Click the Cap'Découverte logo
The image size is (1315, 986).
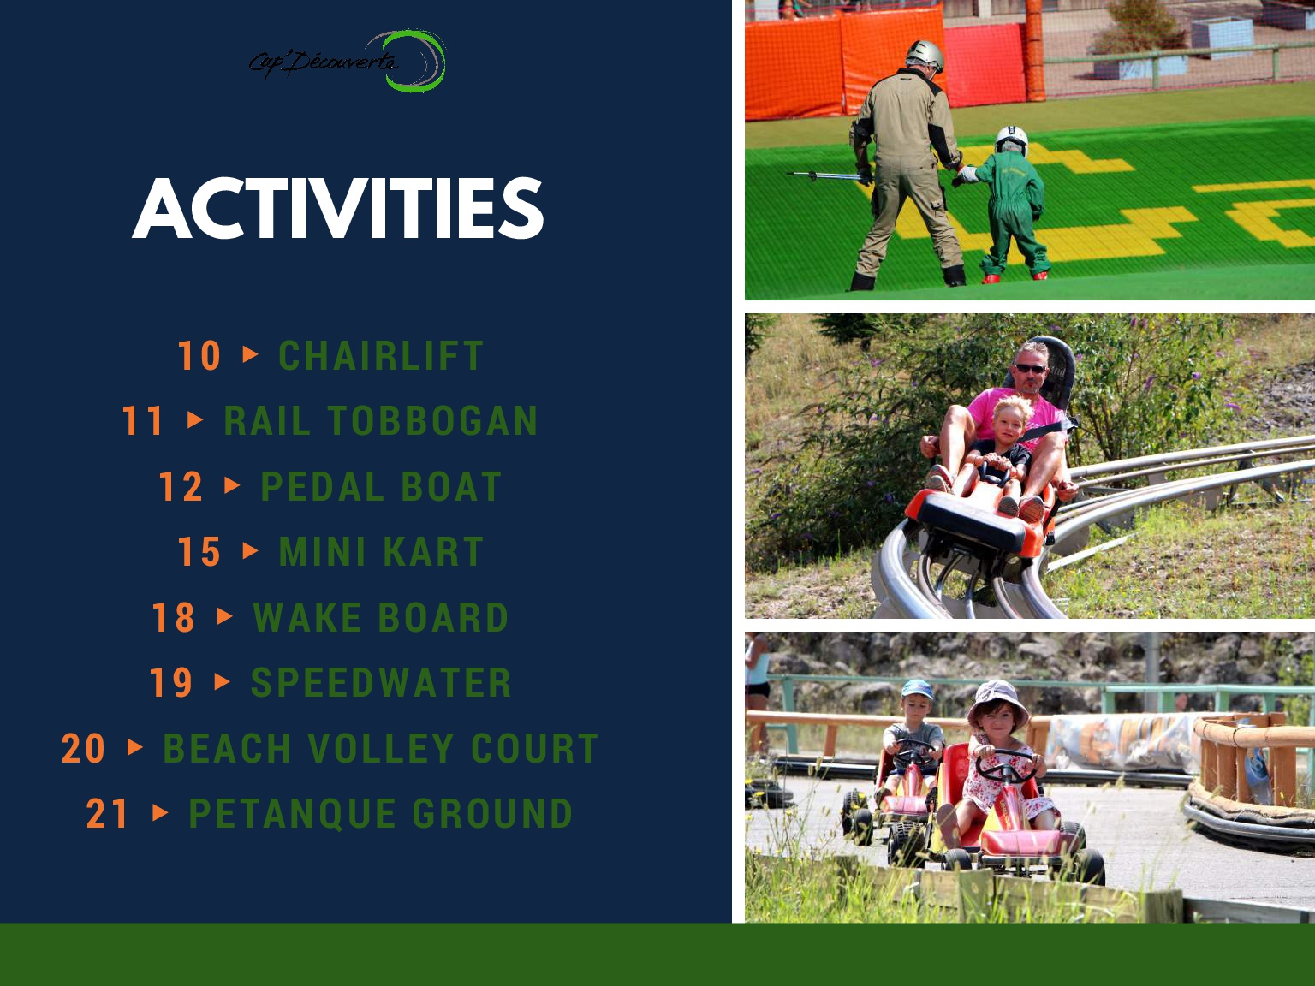pyautogui.click(x=348, y=62)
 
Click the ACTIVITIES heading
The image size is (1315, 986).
pyautogui.click(x=338, y=208)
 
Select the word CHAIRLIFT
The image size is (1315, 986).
pyautogui.click(x=381, y=355)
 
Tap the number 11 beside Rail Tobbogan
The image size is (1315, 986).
pyautogui.click(x=143, y=421)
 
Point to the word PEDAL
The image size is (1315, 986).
pyautogui.click(x=322, y=486)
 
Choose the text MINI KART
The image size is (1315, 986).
pyautogui.click(x=381, y=551)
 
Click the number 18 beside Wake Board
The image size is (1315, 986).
pyautogui.click(x=173, y=617)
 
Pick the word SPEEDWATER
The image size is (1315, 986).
pyautogui.click(x=381, y=682)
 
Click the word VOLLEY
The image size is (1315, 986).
pyautogui.click(x=381, y=748)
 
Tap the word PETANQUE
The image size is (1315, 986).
pyautogui.click(x=292, y=814)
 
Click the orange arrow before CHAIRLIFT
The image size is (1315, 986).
pyautogui.click(x=251, y=354)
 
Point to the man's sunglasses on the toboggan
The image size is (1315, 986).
pyautogui.click(x=1031, y=369)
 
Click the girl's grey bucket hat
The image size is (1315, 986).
pyautogui.click(x=997, y=701)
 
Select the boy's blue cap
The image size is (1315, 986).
pyautogui.click(x=917, y=689)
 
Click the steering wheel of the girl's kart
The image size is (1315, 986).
pyautogui.click(x=1005, y=766)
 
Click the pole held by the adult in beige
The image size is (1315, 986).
pyautogui.click(x=824, y=176)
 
